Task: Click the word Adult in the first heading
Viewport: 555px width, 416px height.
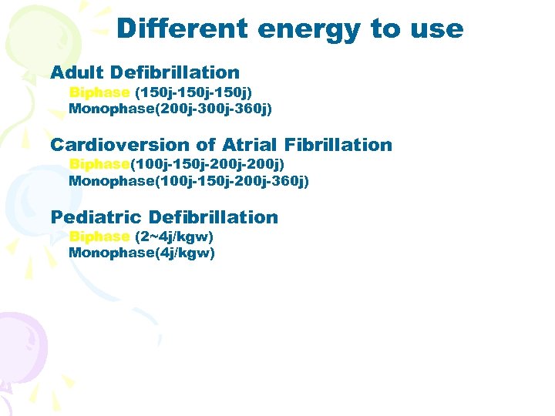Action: [x=77, y=72]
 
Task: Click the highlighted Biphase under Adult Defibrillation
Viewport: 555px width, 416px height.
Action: [x=99, y=92]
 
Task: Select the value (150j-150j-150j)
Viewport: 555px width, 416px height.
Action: [x=193, y=92]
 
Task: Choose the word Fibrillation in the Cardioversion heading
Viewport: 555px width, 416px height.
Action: [x=338, y=145]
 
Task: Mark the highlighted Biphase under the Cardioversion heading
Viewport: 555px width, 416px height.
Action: [x=99, y=165]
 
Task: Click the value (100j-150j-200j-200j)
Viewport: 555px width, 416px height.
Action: [x=207, y=165]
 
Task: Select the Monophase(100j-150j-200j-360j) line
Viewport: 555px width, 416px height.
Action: [x=189, y=181]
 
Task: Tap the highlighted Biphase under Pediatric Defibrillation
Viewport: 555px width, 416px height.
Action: [x=99, y=237]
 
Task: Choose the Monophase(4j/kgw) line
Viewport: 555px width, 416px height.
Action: [x=142, y=253]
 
